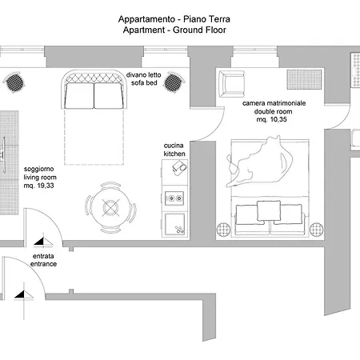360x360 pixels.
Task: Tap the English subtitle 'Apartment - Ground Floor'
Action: pos(173,30)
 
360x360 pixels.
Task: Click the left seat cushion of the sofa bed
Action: pos(80,96)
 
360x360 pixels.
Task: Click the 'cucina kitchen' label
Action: pos(174,148)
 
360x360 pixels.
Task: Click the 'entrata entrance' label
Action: pos(44,260)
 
